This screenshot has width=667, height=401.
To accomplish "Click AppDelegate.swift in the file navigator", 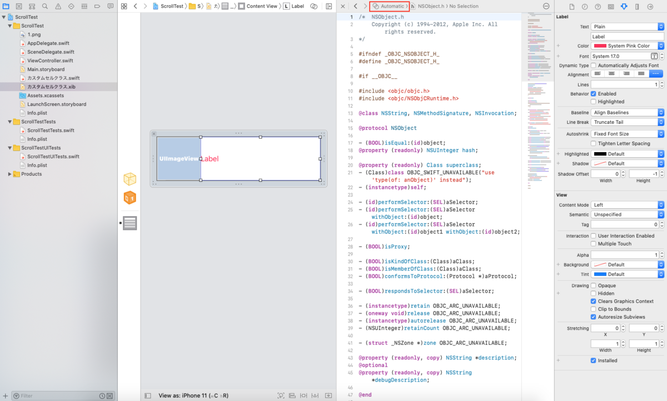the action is [48, 43].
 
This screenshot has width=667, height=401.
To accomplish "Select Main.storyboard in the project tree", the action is [46, 69].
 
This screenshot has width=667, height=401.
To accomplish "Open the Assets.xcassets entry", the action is [46, 96].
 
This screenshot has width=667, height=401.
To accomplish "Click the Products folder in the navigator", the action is [31, 174].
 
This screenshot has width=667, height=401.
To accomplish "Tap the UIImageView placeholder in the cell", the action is [178, 159].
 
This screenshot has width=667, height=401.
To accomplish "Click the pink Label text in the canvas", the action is [210, 159].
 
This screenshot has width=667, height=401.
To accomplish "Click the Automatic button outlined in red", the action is [389, 6].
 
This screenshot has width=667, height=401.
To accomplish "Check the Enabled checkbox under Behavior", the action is [594, 94].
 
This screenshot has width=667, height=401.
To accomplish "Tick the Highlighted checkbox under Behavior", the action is [594, 102].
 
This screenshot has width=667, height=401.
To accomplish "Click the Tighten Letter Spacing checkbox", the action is [594, 143].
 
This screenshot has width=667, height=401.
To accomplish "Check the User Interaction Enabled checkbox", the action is [594, 236].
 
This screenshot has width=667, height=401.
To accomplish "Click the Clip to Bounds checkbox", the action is [594, 309].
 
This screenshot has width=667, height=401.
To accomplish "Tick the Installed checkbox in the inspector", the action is [594, 360].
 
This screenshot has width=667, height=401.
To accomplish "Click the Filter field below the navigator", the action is [56, 396].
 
